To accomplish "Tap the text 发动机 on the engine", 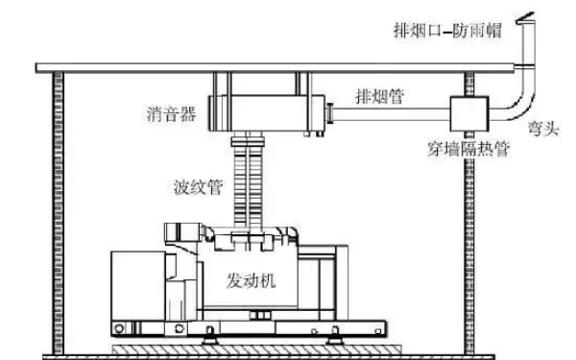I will click(x=252, y=282).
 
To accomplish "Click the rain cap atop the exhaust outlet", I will click(x=528, y=16).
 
